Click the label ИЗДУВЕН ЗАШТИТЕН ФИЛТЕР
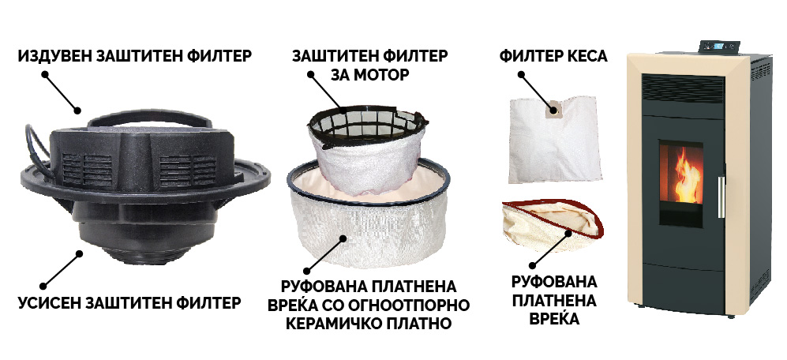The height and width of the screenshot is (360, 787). point(134,56)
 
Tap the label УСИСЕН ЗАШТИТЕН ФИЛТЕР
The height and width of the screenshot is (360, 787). point(129,303)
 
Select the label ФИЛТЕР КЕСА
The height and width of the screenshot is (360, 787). point(553,56)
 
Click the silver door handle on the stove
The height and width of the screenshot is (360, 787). point(721,197)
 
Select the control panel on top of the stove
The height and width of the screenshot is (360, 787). point(719,47)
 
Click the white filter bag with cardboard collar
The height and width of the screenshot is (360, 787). point(553,140)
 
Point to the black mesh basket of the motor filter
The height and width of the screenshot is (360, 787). point(368,126)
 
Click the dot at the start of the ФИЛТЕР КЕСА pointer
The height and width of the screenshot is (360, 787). point(522,75)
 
